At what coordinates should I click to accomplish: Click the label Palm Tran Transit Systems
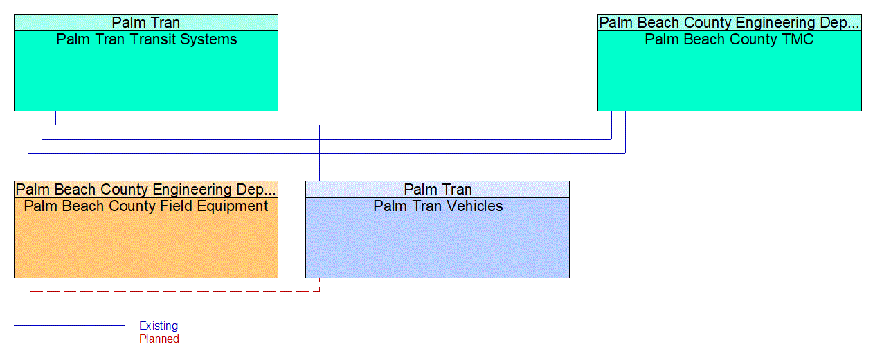pyautogui.click(x=146, y=39)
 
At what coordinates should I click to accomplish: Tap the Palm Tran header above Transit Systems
pyautogui.click(x=146, y=23)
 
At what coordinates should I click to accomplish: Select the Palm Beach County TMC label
pyautogui.click(x=729, y=39)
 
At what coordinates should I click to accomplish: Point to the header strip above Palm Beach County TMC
pyautogui.click(x=729, y=23)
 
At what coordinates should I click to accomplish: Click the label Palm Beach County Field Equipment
pyautogui.click(x=146, y=206)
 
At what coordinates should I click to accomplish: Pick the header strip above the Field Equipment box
pyautogui.click(x=146, y=190)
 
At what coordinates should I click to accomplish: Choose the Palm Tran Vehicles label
pyautogui.click(x=438, y=206)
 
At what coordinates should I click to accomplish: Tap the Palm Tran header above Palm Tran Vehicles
pyautogui.click(x=438, y=190)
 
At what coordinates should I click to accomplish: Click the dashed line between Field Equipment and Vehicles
pyautogui.click(x=173, y=291)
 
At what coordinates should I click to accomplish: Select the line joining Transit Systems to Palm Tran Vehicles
pyautogui.click(x=187, y=125)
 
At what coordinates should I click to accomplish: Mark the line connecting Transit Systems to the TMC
pyautogui.click(x=325, y=139)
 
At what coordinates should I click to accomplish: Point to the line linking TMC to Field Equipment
pyautogui.click(x=325, y=153)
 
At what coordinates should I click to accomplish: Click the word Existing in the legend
pyautogui.click(x=159, y=325)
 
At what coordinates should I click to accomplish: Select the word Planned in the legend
pyautogui.click(x=159, y=339)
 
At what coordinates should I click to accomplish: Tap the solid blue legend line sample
pyautogui.click(x=69, y=325)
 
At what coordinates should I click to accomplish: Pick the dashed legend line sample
pyautogui.click(x=69, y=339)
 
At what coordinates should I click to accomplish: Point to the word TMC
pyautogui.click(x=796, y=39)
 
